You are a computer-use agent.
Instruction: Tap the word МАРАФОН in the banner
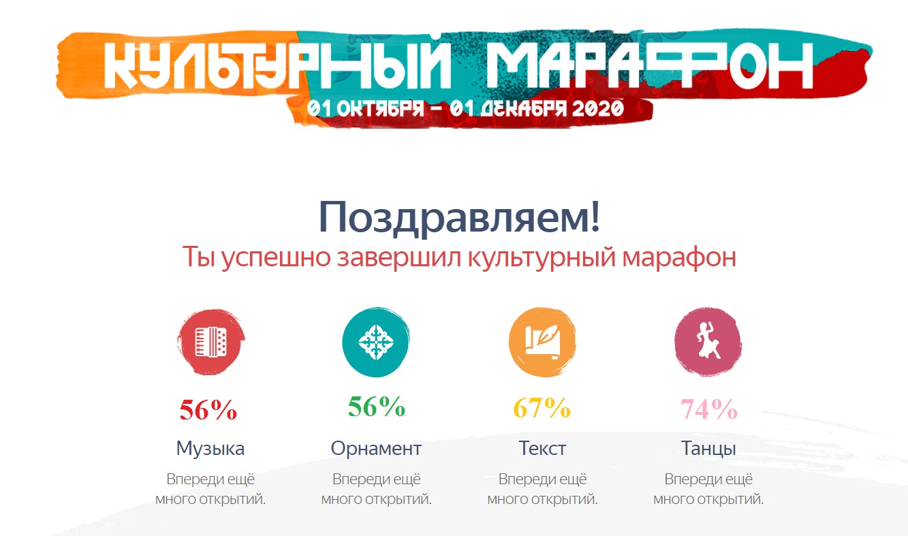pos(649,65)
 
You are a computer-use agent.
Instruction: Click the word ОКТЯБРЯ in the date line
pos(380,108)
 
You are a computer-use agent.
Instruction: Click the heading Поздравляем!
pos(459,217)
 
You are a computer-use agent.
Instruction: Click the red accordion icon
pos(210,342)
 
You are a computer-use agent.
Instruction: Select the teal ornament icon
pos(376,342)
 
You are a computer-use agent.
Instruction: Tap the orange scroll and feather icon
pos(542,342)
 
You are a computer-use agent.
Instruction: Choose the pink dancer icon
pos(708,342)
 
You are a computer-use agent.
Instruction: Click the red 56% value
pos(208,409)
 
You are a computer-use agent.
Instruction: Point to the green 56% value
pos(377,407)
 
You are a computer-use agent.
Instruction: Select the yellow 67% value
pos(542,407)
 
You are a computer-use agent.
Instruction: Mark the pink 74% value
pos(708,409)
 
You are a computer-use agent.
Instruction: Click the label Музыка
pos(210,449)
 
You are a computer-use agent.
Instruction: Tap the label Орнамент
pos(376,449)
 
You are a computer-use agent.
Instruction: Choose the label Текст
pos(542,448)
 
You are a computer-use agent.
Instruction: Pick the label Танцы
pos(708,449)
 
